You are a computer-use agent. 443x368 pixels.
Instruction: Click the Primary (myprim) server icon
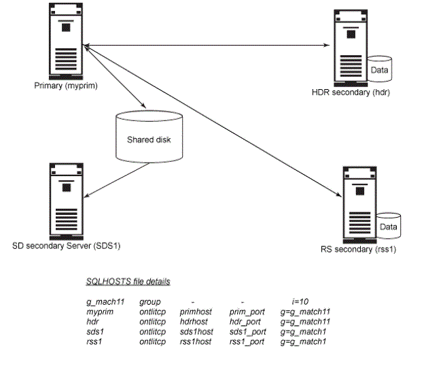pos(66,41)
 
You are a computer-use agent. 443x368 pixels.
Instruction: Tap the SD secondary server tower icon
pos(66,200)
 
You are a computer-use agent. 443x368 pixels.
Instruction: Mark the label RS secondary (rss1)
pos(358,249)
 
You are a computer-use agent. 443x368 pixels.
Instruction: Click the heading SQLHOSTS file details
pos(128,281)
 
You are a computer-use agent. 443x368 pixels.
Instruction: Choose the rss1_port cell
pos(247,341)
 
